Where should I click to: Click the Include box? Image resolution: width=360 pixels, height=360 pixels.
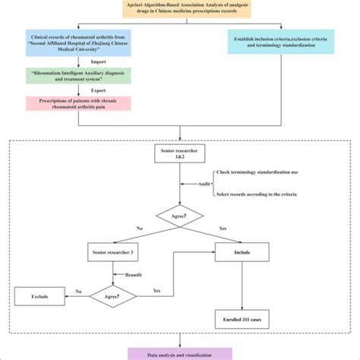[243, 251]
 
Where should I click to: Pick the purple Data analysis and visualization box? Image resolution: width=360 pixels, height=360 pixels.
[180, 353]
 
